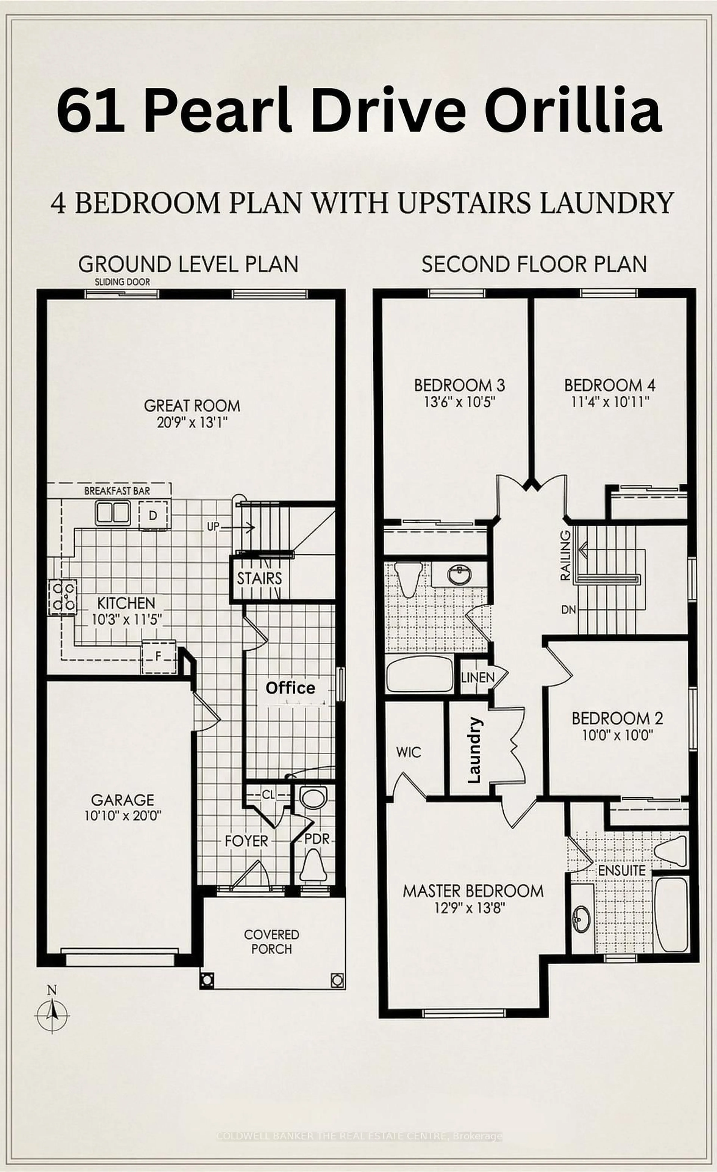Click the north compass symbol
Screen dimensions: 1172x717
pyautogui.click(x=52, y=1013)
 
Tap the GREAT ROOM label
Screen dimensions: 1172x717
pyautogui.click(x=192, y=406)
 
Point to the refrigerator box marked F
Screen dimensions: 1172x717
pyautogui.click(x=159, y=657)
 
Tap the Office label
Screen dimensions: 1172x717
pyautogui.click(x=290, y=688)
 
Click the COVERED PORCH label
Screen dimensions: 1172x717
pyautogui.click(x=271, y=941)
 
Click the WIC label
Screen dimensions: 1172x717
pyautogui.click(x=409, y=752)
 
